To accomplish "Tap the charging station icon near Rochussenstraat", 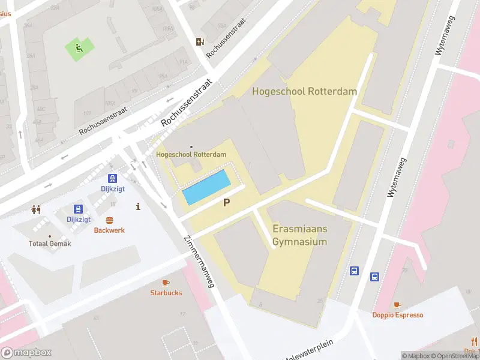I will [x=200, y=41].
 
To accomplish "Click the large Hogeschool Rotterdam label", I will [x=304, y=92].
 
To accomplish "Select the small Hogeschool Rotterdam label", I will [x=191, y=154].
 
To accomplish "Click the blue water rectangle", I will [x=206, y=187].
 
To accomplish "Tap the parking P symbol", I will [x=226, y=203].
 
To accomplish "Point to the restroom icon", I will [x=36, y=209].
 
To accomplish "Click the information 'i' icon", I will [x=139, y=206].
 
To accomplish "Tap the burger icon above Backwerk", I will [x=109, y=220].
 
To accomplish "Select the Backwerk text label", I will [x=109, y=230].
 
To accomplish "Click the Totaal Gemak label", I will [x=50, y=244].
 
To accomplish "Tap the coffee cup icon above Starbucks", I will [x=166, y=283].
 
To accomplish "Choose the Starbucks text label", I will [x=166, y=293].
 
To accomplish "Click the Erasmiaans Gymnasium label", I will [x=299, y=236].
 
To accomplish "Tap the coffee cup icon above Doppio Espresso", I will [x=397, y=305].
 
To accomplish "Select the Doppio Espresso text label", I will [x=397, y=315].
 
